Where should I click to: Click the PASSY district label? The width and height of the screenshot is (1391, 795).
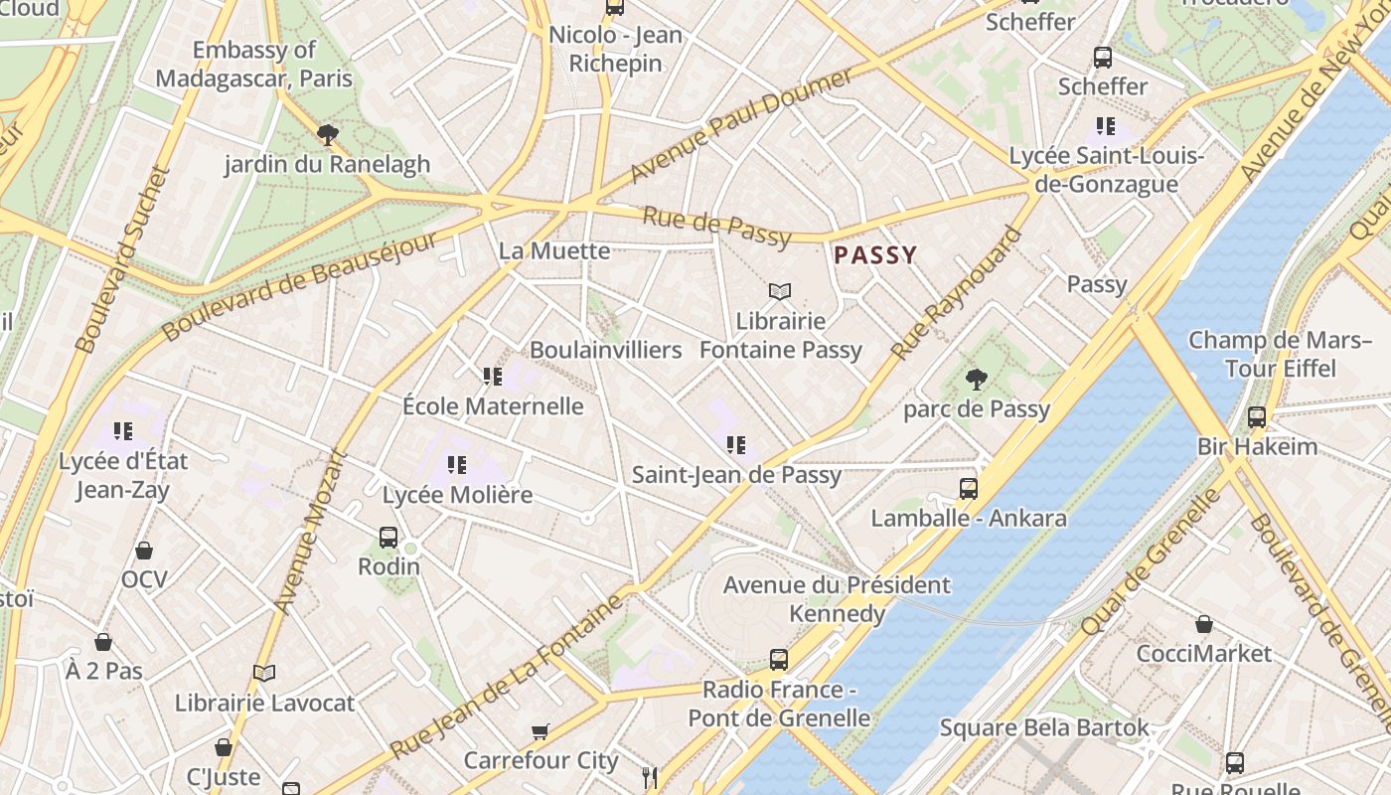(x=875, y=255)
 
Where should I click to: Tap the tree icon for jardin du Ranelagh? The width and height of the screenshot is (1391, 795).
(x=327, y=134)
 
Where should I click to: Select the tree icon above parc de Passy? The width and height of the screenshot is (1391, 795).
(x=977, y=379)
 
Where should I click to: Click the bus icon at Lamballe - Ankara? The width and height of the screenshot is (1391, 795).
(x=969, y=488)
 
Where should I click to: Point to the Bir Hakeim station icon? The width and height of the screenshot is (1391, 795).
(x=1257, y=416)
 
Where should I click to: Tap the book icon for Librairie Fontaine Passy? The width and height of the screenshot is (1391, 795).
(x=780, y=291)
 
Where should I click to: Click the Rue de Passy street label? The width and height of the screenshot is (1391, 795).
(x=716, y=227)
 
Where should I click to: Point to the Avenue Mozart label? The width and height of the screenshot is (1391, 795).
(x=310, y=532)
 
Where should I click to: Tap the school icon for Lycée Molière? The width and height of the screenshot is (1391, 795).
(x=457, y=464)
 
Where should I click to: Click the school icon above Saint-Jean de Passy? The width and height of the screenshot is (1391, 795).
(x=736, y=444)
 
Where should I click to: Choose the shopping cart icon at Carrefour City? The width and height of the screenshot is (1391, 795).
(x=541, y=732)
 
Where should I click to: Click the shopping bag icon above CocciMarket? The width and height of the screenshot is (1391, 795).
(x=1204, y=624)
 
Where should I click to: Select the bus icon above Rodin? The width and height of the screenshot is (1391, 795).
(x=388, y=537)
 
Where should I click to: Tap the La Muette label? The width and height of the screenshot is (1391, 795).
(x=554, y=250)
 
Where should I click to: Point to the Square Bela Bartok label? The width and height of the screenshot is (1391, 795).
(x=1044, y=727)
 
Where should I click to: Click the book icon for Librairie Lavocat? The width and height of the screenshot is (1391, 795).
(x=264, y=673)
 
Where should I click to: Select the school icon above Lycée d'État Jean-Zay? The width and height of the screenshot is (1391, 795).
(x=123, y=431)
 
